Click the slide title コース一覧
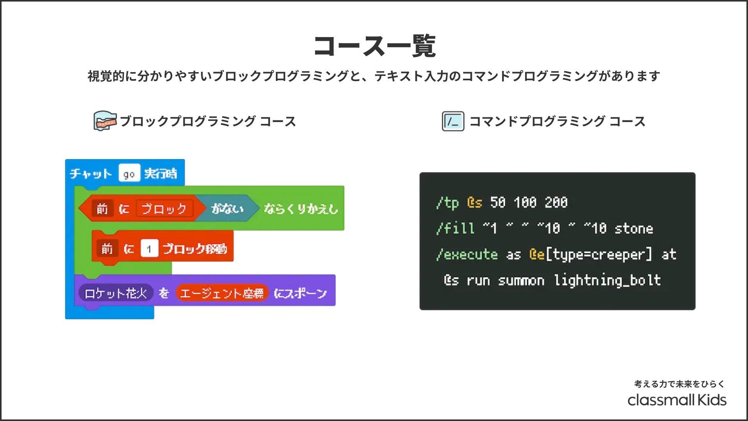tap(374, 46)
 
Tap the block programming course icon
tap(105, 121)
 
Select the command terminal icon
tap(453, 121)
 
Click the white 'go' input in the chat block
tap(129, 174)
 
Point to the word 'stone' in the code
tap(633, 228)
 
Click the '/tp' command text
tap(447, 203)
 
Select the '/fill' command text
tap(455, 228)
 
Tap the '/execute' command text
tap(467, 255)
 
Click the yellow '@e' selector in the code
tap(537, 255)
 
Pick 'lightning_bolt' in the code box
tap(607, 281)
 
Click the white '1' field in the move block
tap(149, 249)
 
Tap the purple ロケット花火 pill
tap(115, 293)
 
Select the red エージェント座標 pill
tap(222, 293)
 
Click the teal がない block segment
tap(227, 209)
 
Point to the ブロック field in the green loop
tap(164, 209)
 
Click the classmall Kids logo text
tap(677, 400)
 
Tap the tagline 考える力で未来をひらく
tap(679, 384)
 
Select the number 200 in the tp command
tap(556, 203)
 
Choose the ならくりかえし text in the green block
tap(301, 209)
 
